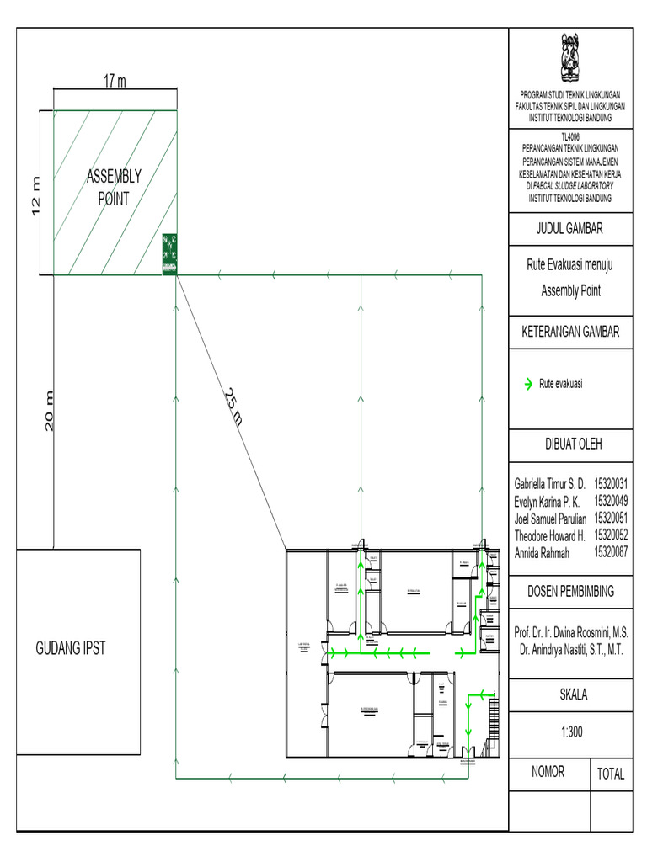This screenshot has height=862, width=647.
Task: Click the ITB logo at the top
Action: click(x=570, y=56)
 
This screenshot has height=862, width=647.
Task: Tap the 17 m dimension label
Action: click(x=115, y=81)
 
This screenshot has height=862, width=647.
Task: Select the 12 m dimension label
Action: click(x=35, y=195)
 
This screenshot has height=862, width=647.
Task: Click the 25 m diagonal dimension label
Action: click(x=233, y=407)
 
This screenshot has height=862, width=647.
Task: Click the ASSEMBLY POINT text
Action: click(x=114, y=188)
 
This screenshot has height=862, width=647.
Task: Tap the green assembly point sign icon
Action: click(x=169, y=253)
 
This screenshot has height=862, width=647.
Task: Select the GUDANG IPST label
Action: click(x=70, y=648)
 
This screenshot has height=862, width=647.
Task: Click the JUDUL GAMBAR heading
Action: click(x=570, y=228)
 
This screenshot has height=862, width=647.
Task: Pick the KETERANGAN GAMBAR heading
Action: click(x=570, y=332)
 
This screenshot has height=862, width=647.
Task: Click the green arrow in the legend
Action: click(x=528, y=384)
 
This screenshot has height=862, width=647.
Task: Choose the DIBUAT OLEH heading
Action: click(x=570, y=444)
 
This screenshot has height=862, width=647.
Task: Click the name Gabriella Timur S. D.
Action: click(x=549, y=485)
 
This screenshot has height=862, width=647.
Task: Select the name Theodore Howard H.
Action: click(x=549, y=535)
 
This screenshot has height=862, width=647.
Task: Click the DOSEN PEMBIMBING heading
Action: click(x=570, y=591)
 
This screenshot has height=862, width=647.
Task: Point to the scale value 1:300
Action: click(x=570, y=732)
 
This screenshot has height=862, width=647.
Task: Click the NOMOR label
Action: click(x=548, y=771)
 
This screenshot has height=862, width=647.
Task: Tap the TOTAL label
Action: click(x=611, y=774)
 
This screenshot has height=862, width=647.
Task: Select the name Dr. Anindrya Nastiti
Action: click(x=570, y=649)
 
